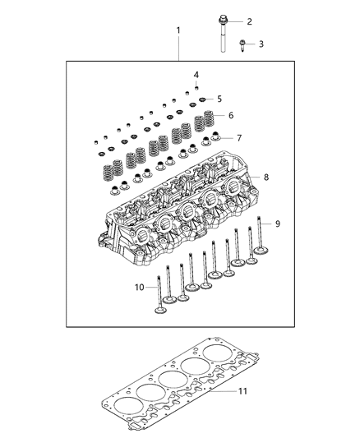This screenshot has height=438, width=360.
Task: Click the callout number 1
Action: [178, 31]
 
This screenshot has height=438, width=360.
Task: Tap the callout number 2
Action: [250, 21]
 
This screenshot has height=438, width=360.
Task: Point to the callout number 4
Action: [196, 75]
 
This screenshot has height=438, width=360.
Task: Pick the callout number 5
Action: [219, 98]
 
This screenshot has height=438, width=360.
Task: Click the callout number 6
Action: [230, 116]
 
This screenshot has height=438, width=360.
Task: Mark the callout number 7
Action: [239, 137]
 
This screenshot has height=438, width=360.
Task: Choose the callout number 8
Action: [265, 177]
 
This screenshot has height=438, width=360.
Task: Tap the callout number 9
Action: [277, 223]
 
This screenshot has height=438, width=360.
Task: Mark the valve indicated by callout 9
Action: [261, 238]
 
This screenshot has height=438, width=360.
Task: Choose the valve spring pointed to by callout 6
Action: [209, 121]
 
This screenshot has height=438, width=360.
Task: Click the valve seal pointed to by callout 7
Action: [218, 137]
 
